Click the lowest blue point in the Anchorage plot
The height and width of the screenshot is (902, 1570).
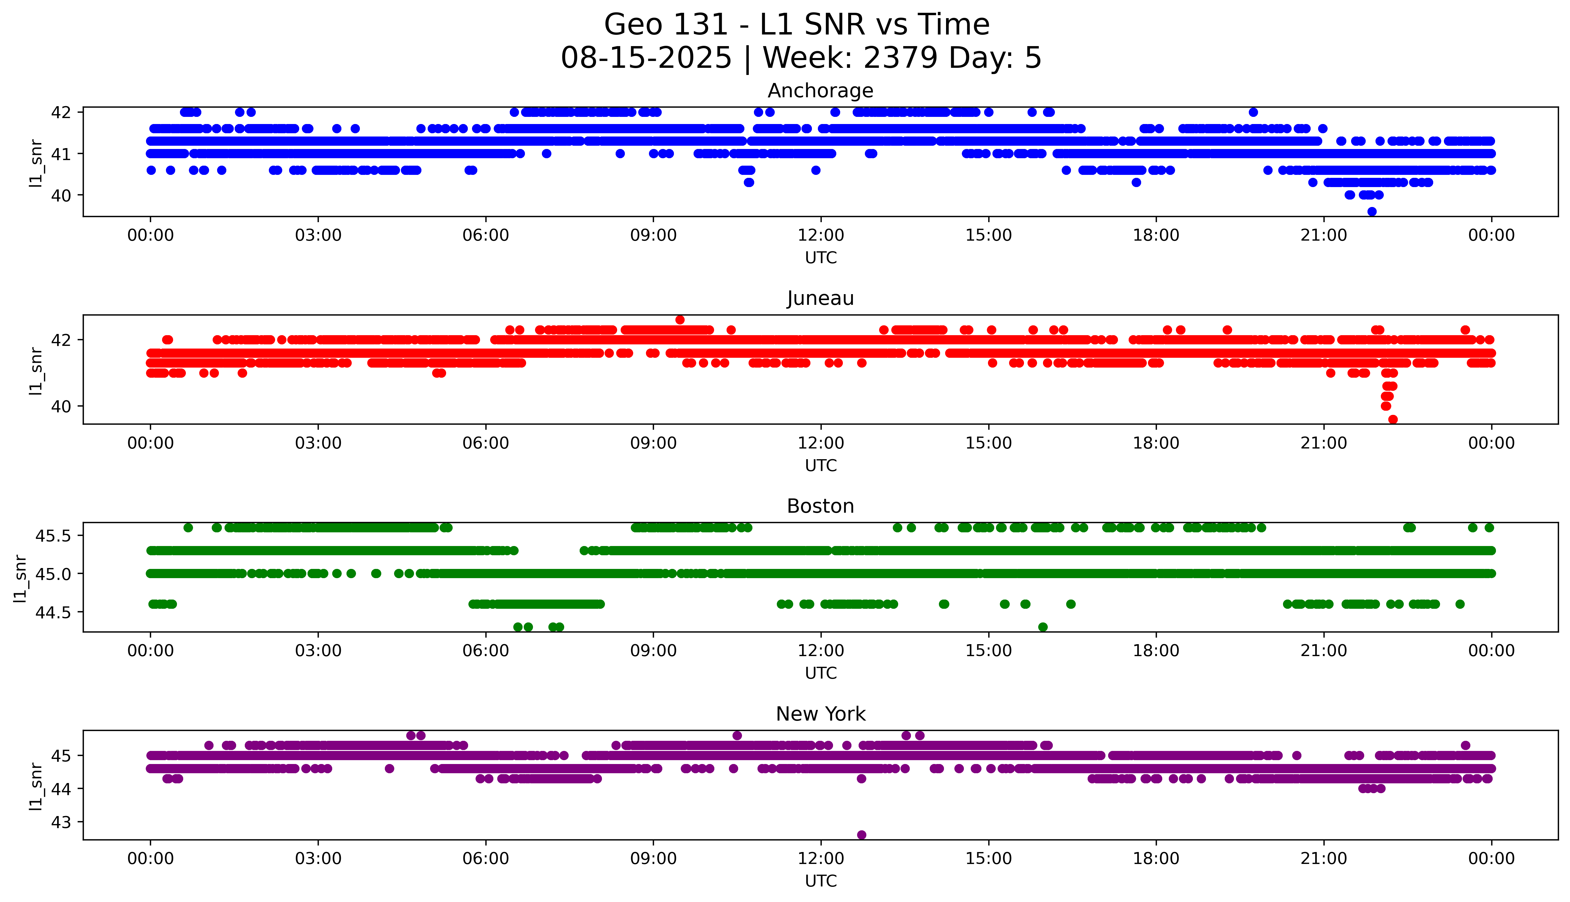(x=1372, y=211)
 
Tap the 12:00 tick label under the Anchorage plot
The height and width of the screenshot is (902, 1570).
(x=821, y=236)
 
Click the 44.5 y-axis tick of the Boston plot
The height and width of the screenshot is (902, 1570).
(x=54, y=612)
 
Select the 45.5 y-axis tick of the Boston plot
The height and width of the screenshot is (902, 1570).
(x=54, y=535)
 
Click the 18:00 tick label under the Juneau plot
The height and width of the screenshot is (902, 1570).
(x=1156, y=443)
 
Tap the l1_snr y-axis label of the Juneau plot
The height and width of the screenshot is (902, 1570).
(x=36, y=370)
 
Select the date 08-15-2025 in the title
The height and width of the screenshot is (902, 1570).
(x=646, y=58)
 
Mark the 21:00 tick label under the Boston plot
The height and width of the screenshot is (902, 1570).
(x=1323, y=651)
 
